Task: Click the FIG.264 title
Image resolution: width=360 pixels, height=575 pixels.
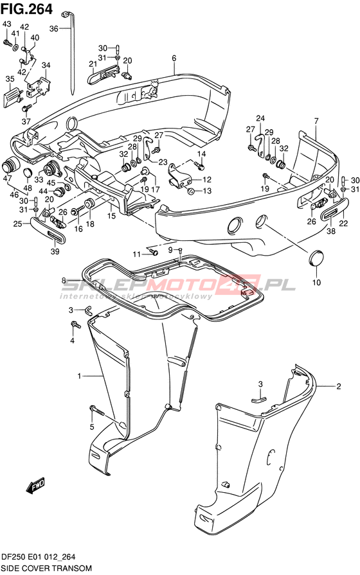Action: [x=27, y=9]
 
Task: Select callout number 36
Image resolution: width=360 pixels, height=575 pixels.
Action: [x=54, y=29]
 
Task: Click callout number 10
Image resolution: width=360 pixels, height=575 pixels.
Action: [x=316, y=282]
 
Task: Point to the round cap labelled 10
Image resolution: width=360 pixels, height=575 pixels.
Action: [x=316, y=258]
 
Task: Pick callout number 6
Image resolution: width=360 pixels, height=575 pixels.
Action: [x=174, y=58]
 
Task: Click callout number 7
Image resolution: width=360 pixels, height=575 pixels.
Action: [x=316, y=121]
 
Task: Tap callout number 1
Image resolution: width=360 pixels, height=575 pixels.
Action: [x=79, y=376]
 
